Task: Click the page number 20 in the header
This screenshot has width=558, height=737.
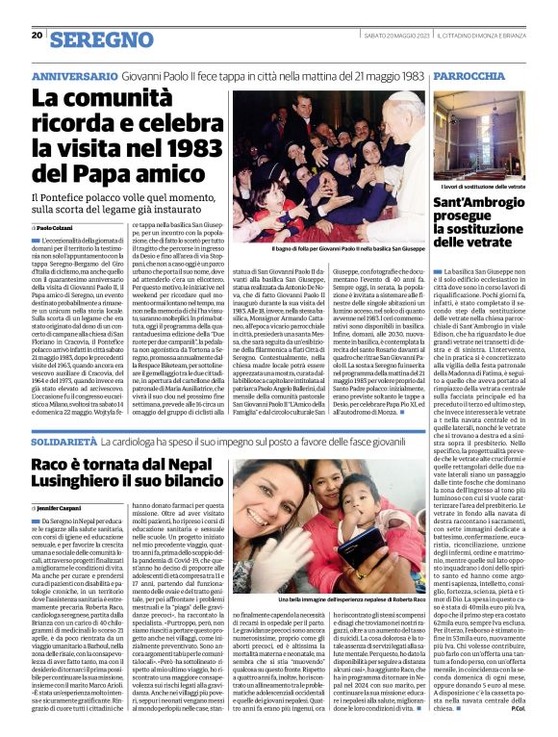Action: (x=37, y=36)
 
